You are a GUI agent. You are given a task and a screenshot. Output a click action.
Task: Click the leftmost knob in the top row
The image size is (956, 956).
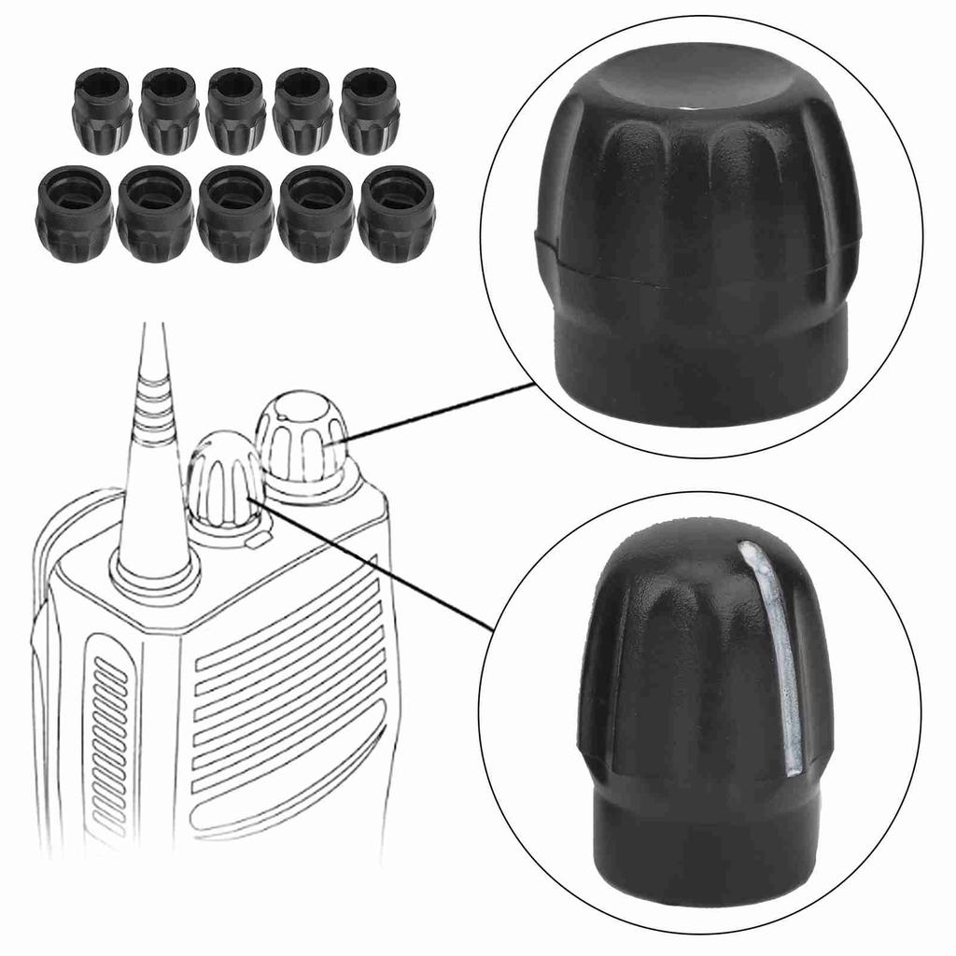[x=102, y=110]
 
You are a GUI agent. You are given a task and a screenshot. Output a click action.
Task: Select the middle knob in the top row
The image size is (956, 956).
[x=235, y=110]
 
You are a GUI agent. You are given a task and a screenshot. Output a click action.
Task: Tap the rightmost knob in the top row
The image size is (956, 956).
[x=369, y=110]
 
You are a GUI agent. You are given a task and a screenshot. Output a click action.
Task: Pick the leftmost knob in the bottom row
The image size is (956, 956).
[x=74, y=214]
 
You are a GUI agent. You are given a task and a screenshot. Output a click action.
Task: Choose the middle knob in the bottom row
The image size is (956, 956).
[x=235, y=214]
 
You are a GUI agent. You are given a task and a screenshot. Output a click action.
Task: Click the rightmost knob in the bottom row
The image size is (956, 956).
[x=396, y=214]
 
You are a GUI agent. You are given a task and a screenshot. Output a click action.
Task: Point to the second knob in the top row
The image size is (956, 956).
[x=169, y=110]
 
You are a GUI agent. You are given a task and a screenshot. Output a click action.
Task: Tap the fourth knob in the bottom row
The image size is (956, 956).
[x=316, y=214]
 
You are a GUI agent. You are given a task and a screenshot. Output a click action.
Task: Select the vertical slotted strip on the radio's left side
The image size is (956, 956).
[x=110, y=738]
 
